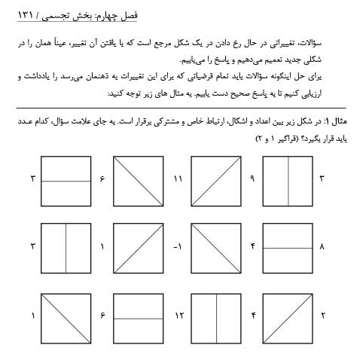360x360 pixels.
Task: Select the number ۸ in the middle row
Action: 322,246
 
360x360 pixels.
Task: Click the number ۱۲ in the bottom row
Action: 178,314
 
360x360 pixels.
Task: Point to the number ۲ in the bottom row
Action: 322,314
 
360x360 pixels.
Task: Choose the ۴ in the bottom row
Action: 254,314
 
